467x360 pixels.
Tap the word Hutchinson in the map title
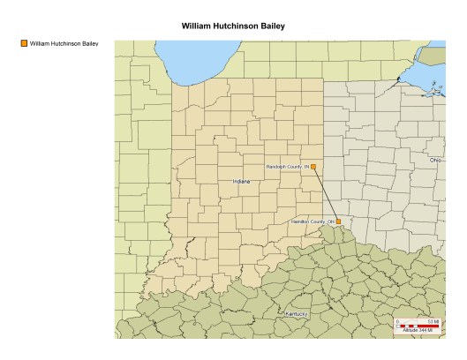[237, 26]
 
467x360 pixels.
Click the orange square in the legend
[24, 42]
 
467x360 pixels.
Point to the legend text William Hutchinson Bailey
[64, 42]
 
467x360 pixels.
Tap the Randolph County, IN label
[287, 166]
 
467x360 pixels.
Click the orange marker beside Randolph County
[313, 166]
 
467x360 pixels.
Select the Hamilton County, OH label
[313, 221]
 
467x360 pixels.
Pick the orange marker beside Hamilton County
[338, 221]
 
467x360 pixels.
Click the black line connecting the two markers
[326, 193]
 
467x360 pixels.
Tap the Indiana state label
[242, 181]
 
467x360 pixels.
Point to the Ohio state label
[435, 160]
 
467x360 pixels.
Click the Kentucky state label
[296, 314]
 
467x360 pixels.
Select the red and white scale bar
[418, 326]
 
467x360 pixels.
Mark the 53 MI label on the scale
[433, 320]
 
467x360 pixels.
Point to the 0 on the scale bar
[398, 320]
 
